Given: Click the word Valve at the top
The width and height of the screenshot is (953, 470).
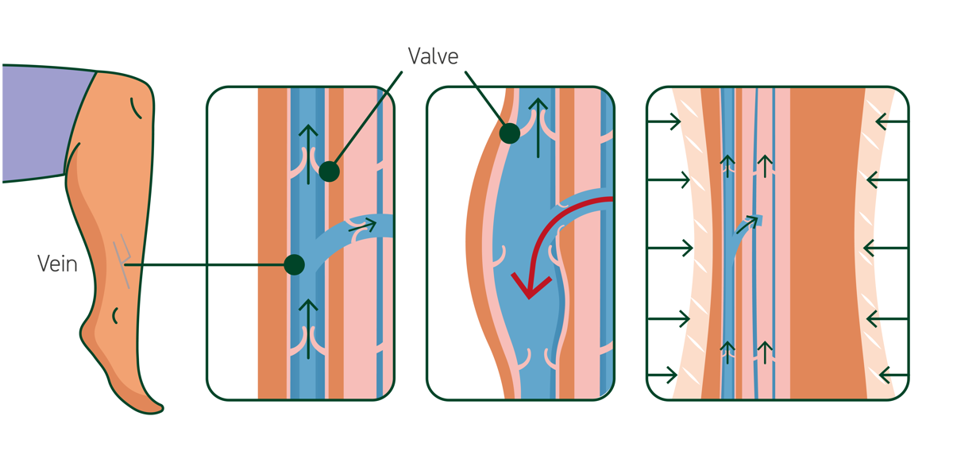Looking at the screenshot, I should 433,56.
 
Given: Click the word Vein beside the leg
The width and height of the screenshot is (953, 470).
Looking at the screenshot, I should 57,264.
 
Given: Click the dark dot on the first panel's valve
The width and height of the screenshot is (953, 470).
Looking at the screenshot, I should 328,171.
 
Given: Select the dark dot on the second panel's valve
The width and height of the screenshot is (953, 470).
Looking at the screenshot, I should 510,133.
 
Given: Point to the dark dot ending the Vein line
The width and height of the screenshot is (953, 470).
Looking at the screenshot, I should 295,264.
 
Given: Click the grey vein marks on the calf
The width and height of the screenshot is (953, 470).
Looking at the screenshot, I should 122,258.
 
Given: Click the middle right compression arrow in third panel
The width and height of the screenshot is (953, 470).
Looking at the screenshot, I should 885,248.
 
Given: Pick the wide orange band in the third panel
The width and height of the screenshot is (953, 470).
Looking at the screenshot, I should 826,238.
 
